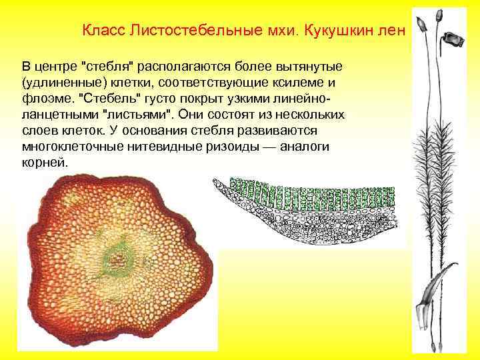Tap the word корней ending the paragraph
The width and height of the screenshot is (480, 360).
click(x=45, y=162)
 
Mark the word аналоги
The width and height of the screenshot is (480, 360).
click(x=313, y=147)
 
